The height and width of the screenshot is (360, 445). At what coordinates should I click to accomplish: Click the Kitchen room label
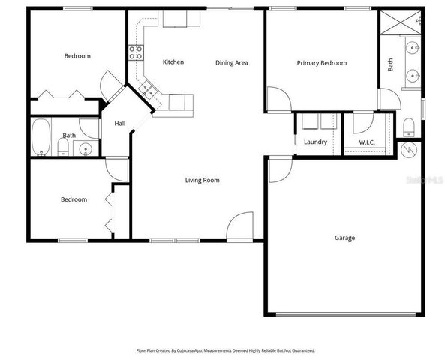tap(173, 61)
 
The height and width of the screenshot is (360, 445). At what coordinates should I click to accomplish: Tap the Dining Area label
tap(232, 62)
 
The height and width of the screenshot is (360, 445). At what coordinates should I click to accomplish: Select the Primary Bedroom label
tap(321, 63)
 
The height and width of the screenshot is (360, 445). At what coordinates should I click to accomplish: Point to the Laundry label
tap(314, 142)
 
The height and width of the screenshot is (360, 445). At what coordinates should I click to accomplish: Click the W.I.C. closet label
tap(366, 142)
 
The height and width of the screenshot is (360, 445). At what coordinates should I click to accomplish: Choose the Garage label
tap(344, 238)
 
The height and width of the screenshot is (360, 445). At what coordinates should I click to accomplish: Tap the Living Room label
tap(203, 180)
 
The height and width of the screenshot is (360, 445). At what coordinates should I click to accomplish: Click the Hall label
tap(119, 124)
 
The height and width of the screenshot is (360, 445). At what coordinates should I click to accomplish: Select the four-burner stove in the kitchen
tap(137, 52)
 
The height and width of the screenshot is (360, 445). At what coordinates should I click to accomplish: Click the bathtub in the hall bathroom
tap(41, 137)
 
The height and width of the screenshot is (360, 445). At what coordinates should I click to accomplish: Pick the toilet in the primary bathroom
tap(409, 124)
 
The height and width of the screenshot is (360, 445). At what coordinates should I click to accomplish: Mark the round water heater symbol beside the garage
tap(408, 151)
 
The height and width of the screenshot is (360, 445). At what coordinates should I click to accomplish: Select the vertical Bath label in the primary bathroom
tap(390, 65)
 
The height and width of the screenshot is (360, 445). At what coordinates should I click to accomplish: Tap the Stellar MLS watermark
tap(425, 181)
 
